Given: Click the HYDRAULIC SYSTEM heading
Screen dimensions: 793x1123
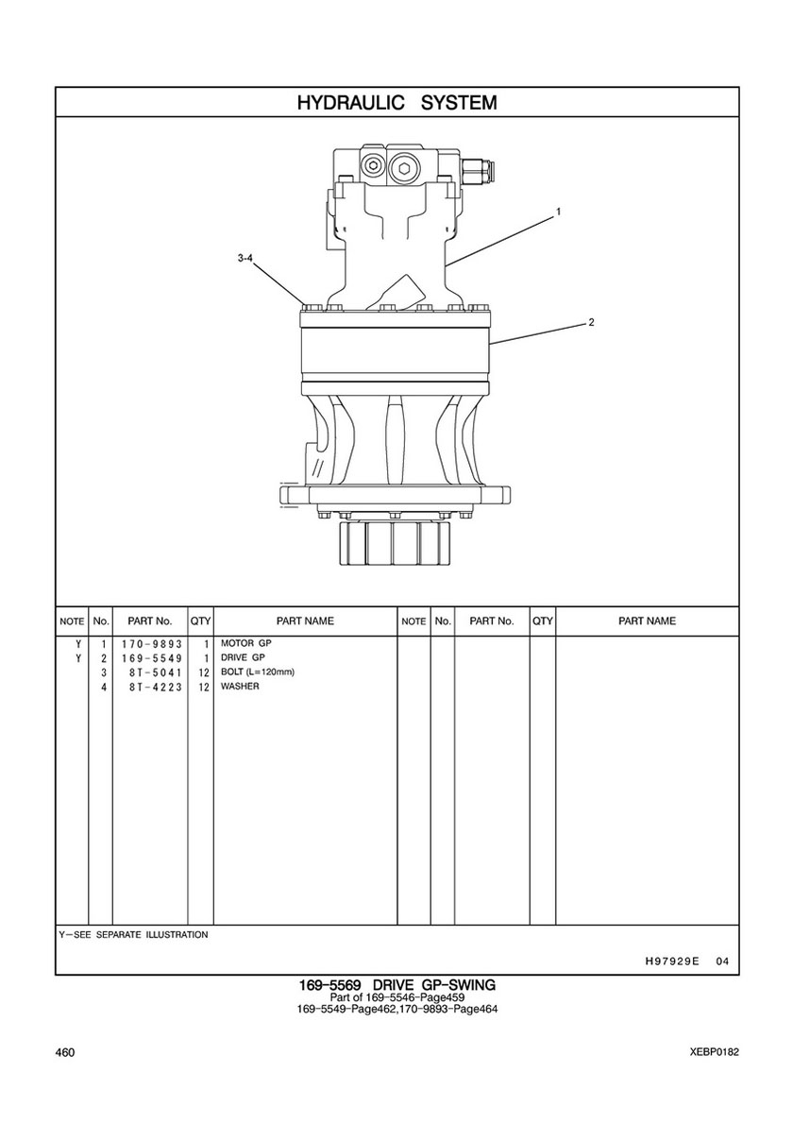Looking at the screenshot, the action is (x=396, y=102).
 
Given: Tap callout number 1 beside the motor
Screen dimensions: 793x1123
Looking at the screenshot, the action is (x=558, y=212).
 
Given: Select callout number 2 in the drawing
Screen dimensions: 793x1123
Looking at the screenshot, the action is (x=591, y=322).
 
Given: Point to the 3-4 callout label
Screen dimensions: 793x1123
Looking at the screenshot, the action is (x=245, y=259).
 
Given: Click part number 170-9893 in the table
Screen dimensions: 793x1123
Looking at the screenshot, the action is (x=152, y=644).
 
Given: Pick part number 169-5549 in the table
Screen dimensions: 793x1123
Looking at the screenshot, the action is (x=152, y=658).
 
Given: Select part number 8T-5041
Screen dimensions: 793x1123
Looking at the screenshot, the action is (x=156, y=672).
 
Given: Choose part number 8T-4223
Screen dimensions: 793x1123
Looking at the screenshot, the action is (x=156, y=687).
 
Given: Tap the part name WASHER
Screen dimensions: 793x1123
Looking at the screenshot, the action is (x=240, y=686).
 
